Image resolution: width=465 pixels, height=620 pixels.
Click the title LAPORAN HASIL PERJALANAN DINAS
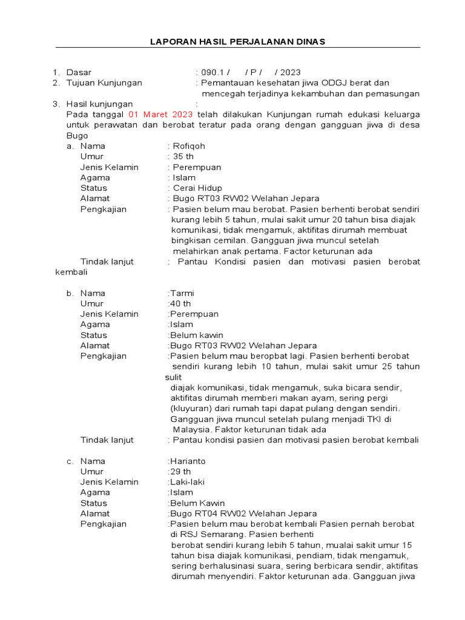click(x=237, y=41)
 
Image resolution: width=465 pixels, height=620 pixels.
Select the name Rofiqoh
click(x=190, y=146)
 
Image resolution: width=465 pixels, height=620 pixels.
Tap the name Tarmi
click(x=182, y=293)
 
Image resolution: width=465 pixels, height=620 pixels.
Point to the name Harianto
click(x=188, y=461)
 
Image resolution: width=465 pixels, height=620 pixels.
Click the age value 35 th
click(x=183, y=156)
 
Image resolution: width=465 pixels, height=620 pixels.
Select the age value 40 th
click(x=181, y=303)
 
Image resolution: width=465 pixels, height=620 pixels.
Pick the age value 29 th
click(x=181, y=471)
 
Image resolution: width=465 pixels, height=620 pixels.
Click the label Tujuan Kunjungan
click(x=104, y=83)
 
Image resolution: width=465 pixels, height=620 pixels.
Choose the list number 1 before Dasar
click(x=56, y=72)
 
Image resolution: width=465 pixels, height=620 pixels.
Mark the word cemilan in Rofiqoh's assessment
click(x=231, y=240)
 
